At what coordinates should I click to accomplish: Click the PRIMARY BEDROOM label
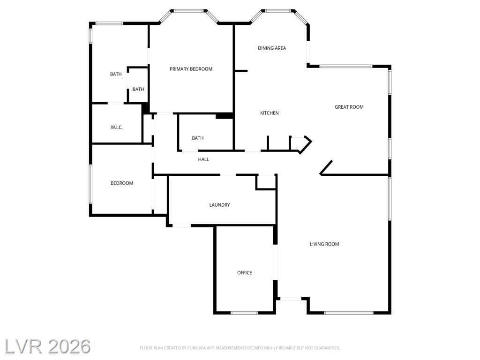(191, 69)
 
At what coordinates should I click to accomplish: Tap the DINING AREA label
(272, 48)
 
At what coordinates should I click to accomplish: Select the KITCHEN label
(270, 113)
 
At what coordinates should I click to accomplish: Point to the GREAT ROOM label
(349, 107)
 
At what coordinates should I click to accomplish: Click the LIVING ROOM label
(324, 244)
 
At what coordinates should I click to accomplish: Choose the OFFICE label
(245, 273)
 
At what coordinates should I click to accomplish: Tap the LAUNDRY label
(219, 205)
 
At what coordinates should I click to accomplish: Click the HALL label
(203, 159)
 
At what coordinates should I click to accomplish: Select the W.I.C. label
(117, 127)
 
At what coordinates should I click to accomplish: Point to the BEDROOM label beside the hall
(122, 183)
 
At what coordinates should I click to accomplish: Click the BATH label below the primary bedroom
(198, 138)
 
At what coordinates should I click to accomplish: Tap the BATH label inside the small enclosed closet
(138, 90)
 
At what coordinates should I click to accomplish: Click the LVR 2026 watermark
(47, 346)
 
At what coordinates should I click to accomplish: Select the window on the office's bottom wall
(244, 313)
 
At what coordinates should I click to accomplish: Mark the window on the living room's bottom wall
(349, 313)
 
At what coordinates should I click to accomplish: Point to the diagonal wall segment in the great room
(326, 167)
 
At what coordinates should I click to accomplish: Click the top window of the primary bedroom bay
(188, 11)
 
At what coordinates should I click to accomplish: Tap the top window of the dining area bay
(278, 11)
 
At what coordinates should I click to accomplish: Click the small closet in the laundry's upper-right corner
(266, 182)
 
